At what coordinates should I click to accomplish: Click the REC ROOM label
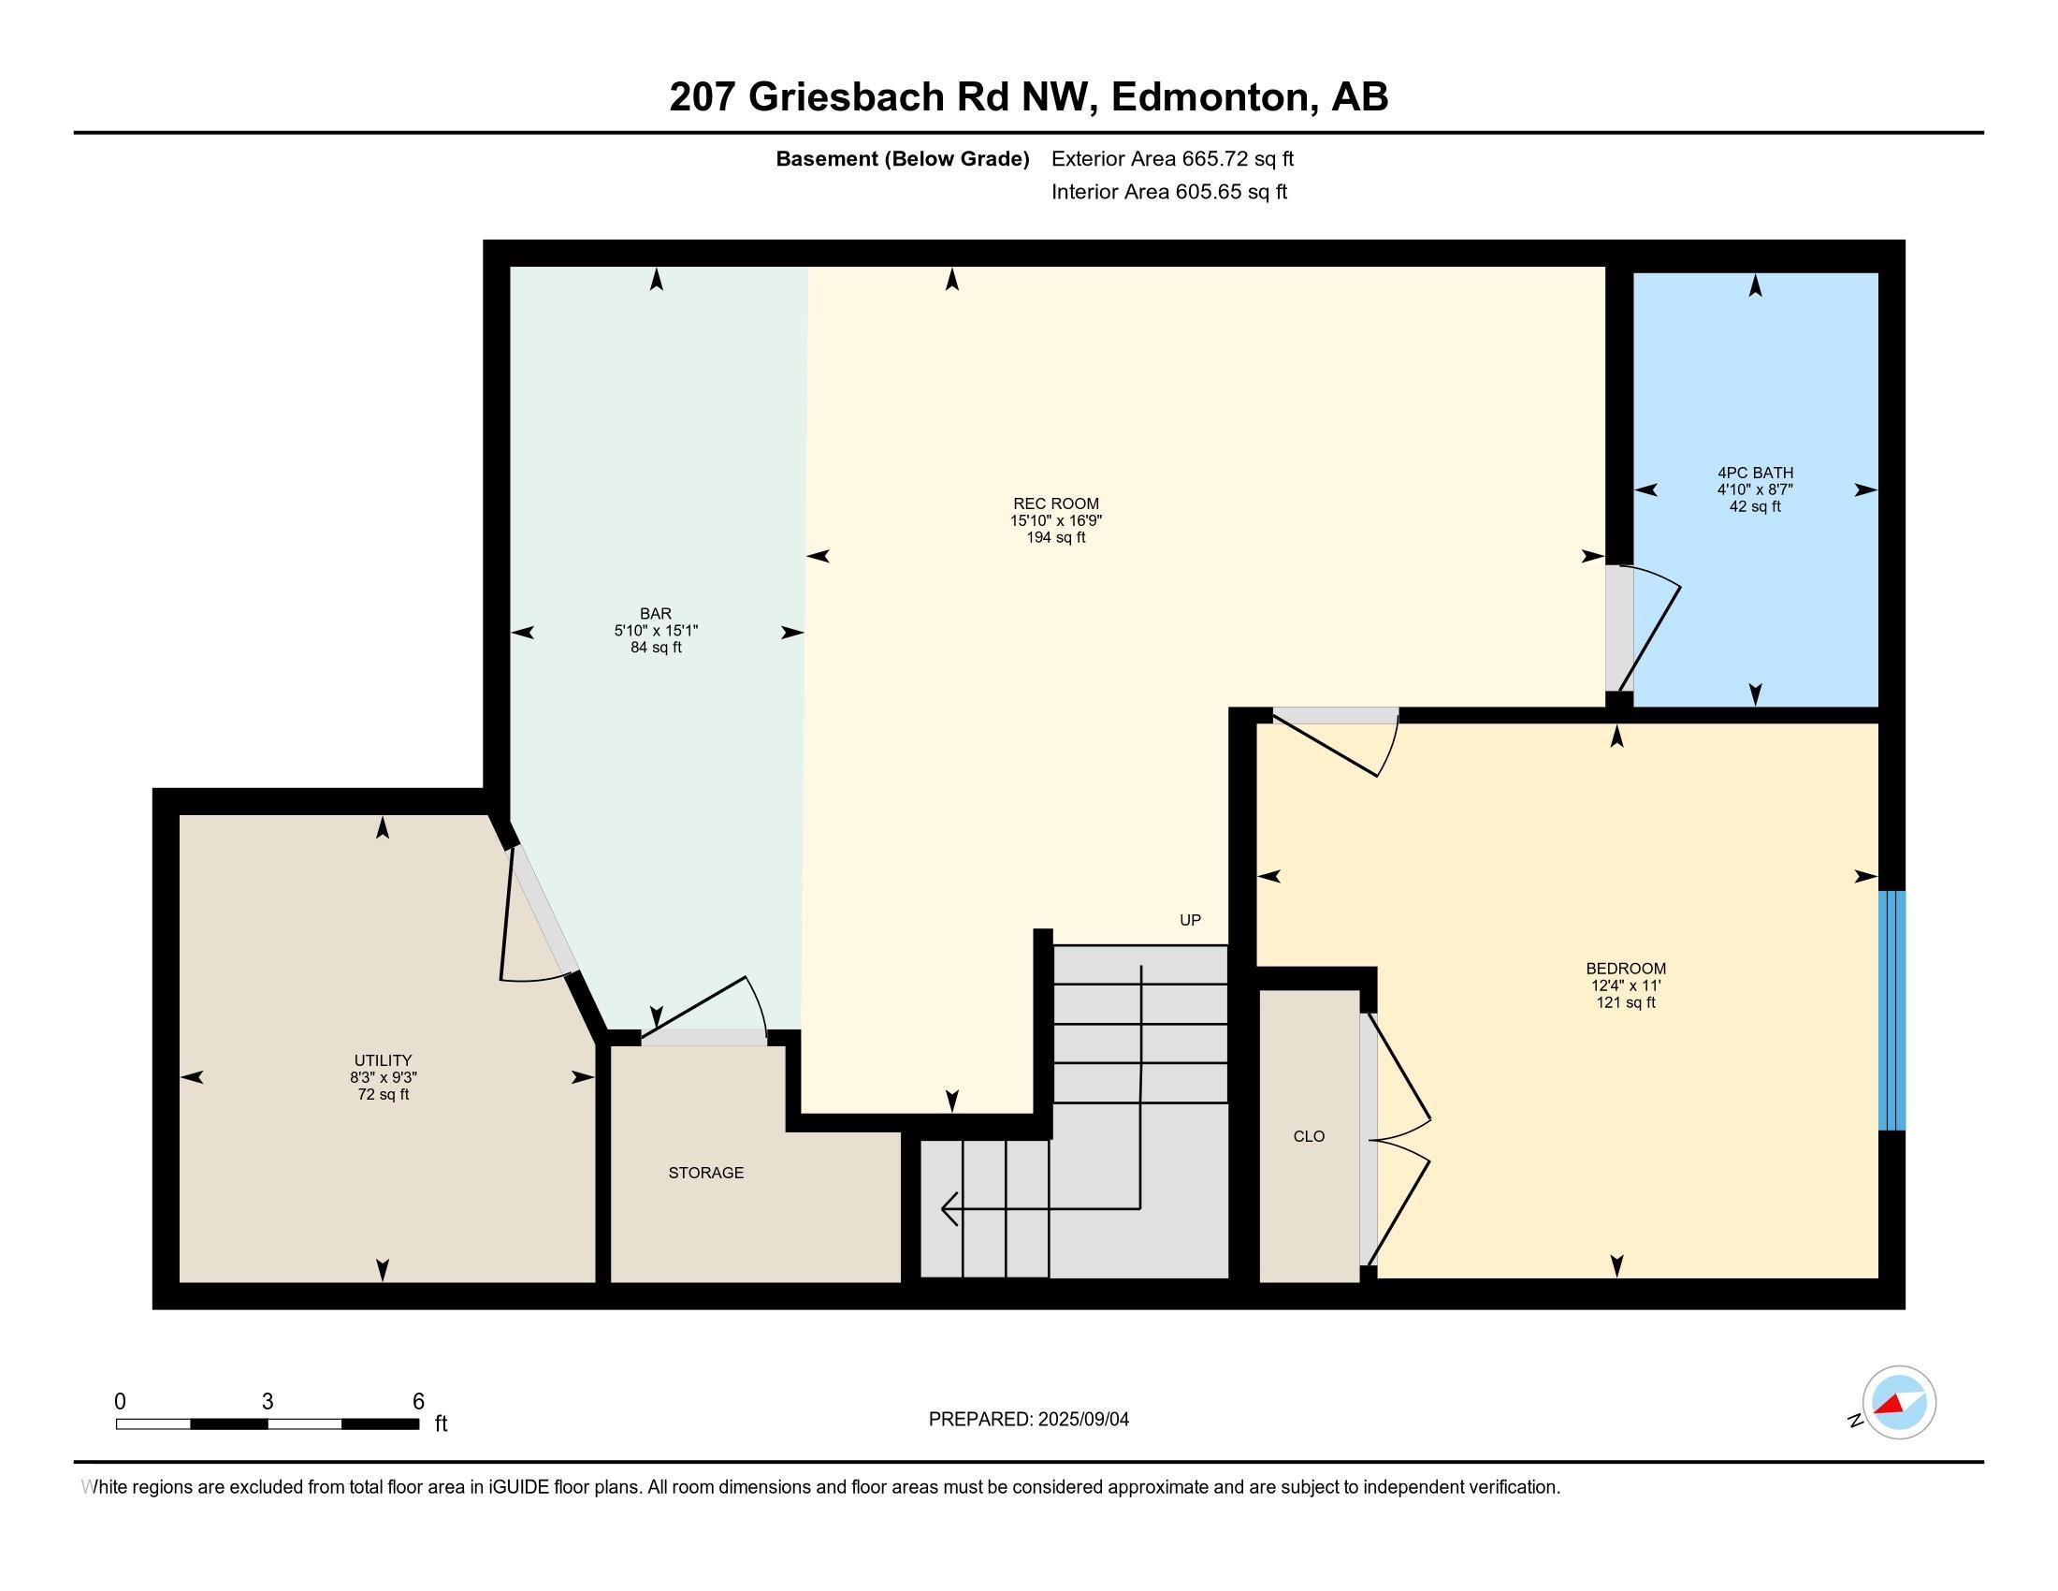(x=1055, y=504)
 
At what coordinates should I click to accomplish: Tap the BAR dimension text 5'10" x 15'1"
(x=656, y=631)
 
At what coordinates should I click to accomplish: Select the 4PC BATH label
(x=1755, y=474)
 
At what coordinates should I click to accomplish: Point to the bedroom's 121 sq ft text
(x=1626, y=1002)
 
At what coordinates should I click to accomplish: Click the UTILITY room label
(x=383, y=1060)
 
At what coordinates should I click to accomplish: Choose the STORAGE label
(x=705, y=1173)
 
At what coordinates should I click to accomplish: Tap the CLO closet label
(x=1309, y=1137)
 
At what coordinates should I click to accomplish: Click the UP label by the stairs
(x=1190, y=920)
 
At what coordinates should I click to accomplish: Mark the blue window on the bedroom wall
(x=1891, y=1010)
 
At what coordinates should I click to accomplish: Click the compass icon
(x=1898, y=1403)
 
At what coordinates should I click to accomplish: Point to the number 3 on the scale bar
(x=268, y=1402)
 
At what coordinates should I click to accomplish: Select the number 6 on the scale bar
(x=418, y=1402)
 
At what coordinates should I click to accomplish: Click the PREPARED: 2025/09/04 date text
(x=1028, y=1420)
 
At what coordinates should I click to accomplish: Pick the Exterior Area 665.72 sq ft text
(x=1172, y=159)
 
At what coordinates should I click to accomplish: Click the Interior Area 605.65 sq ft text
(x=1168, y=192)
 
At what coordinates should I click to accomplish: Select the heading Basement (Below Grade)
(x=902, y=159)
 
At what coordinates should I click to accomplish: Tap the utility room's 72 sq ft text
(x=383, y=1094)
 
